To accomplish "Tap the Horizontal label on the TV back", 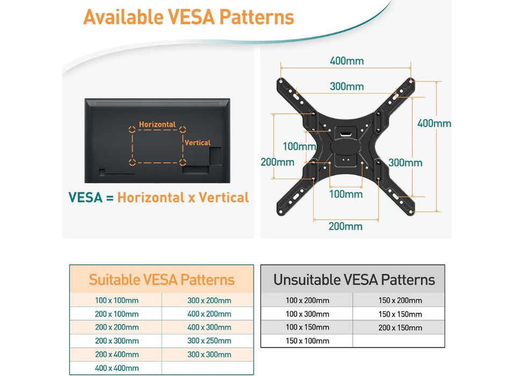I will (x=158, y=125).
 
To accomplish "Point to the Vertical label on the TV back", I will (x=197, y=143).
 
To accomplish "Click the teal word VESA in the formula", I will (x=85, y=197).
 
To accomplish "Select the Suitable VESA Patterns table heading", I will (x=161, y=280).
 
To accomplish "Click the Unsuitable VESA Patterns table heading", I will (x=354, y=280).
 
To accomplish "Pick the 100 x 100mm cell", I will (x=117, y=300).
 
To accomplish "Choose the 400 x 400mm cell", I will (x=117, y=368).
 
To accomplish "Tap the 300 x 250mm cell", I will (x=209, y=341).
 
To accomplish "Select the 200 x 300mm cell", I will (x=117, y=341).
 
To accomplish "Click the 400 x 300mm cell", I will (x=209, y=327).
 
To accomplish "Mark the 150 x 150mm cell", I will (x=400, y=314).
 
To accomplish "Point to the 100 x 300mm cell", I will (x=308, y=314).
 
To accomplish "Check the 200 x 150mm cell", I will (x=400, y=328).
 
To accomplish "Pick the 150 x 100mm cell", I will (x=308, y=341).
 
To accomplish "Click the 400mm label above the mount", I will (x=347, y=61).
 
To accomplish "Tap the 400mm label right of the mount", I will (x=434, y=124).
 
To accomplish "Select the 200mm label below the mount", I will (x=346, y=226).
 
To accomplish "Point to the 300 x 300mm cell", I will (x=209, y=355).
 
